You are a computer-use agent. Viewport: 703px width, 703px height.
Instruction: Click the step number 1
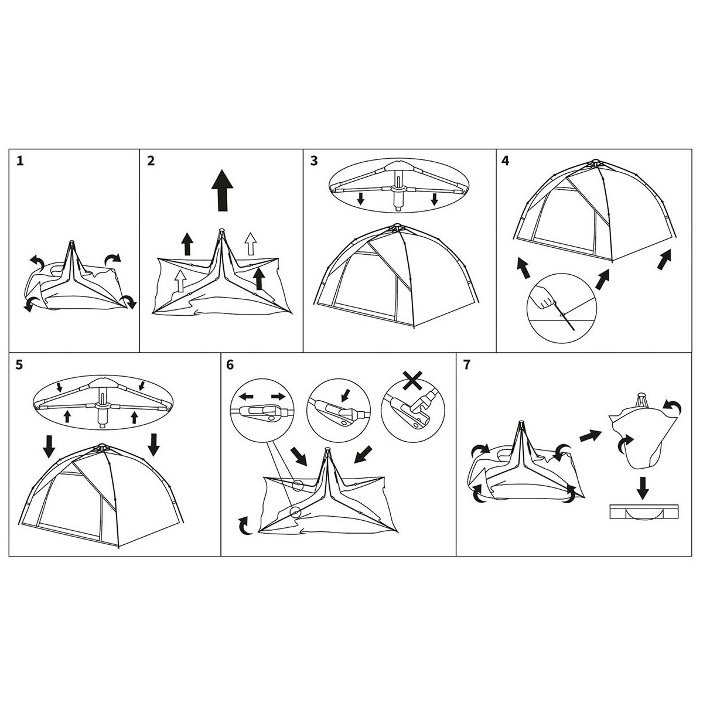(21, 161)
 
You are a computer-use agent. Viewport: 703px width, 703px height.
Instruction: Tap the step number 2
(151, 161)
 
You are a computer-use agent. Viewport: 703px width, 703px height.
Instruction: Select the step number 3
(314, 161)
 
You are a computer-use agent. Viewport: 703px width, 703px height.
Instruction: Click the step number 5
(20, 364)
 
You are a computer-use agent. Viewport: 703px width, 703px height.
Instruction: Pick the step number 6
(230, 364)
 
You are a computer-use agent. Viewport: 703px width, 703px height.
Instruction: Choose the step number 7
(466, 364)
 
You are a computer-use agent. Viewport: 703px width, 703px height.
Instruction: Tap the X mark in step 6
(414, 379)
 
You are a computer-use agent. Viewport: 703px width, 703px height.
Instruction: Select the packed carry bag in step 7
(643, 511)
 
